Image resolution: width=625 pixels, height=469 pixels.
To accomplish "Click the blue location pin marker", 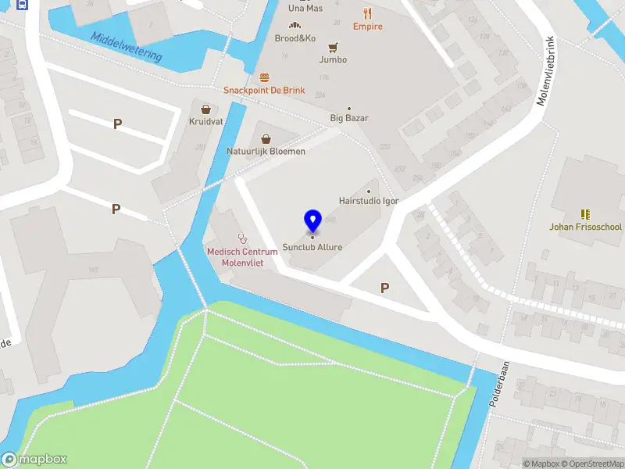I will (312, 220).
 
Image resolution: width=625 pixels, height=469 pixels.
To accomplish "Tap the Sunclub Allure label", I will (312, 247).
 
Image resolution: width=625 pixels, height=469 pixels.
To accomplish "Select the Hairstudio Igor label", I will (369, 201).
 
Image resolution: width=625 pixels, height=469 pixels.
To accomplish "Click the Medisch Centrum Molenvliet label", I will (242, 256).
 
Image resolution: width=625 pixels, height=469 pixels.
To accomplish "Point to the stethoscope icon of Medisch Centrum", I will (242, 238).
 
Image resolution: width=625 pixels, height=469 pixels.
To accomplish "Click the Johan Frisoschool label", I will (585, 227).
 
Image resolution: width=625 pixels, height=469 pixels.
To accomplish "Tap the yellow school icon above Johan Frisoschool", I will (585, 213).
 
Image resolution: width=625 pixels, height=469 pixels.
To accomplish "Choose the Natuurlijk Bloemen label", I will (266, 151).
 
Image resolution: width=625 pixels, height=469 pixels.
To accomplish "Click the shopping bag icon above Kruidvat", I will (205, 109).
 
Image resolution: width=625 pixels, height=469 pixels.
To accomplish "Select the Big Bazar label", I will (349, 119).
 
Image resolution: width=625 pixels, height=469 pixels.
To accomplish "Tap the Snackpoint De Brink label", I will (264, 90).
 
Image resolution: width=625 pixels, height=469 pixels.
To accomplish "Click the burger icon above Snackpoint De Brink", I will (264, 77).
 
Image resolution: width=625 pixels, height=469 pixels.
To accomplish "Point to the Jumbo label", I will (334, 59).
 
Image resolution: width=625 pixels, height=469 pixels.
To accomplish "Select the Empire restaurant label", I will (368, 27).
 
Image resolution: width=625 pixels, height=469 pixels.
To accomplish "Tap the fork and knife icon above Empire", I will (368, 13).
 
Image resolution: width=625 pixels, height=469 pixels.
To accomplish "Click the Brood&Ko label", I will (295, 38).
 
